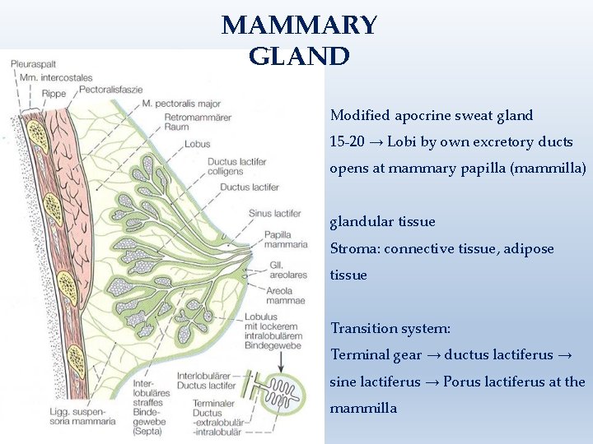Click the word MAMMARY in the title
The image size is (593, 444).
(x=299, y=25)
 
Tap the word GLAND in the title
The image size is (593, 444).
(x=299, y=57)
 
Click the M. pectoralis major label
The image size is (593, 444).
(x=181, y=104)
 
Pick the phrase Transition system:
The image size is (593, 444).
(x=390, y=328)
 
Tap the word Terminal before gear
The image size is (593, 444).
(x=359, y=355)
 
